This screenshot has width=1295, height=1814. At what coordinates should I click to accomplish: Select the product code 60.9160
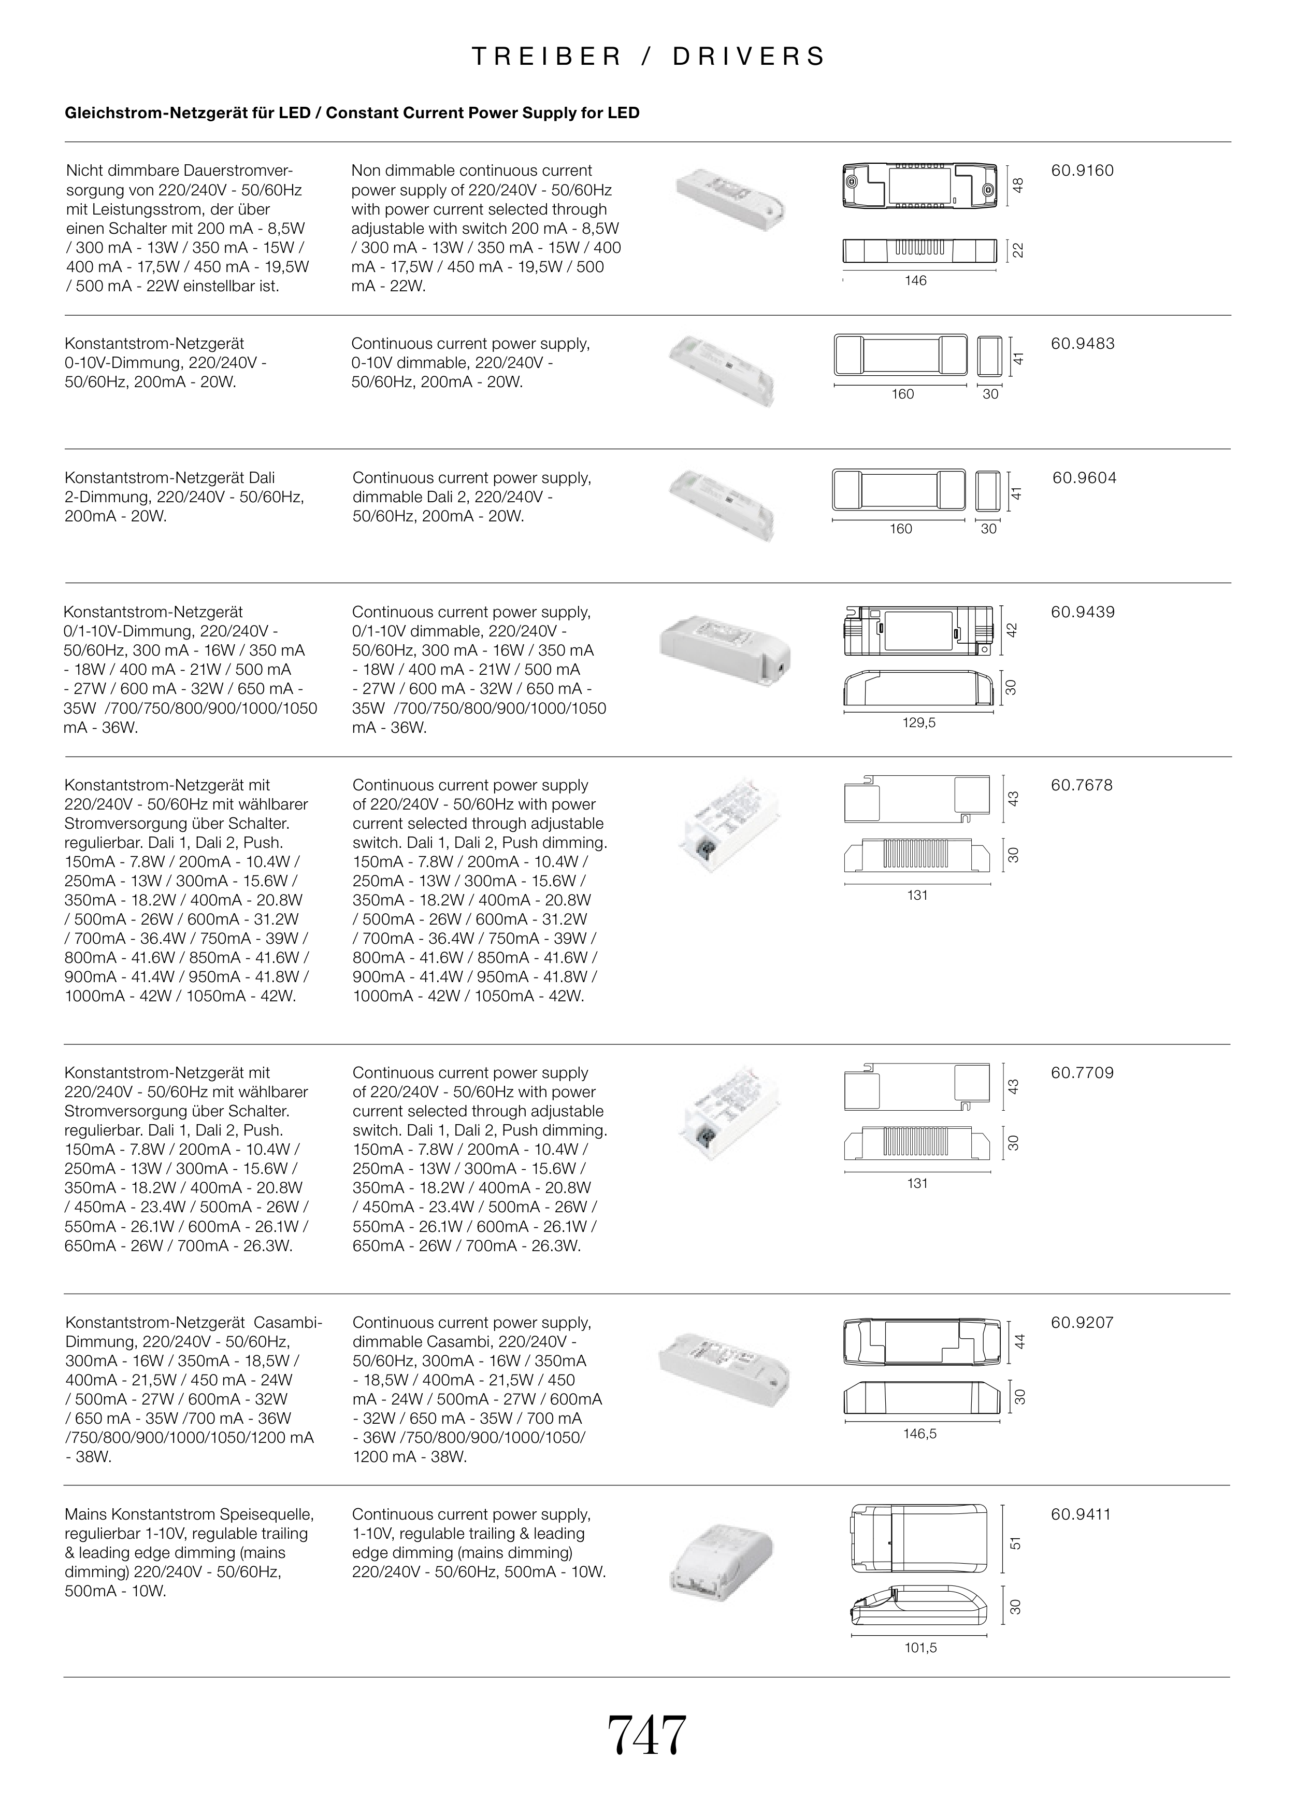[1082, 171]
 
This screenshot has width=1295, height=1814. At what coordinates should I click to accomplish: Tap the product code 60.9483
[1082, 344]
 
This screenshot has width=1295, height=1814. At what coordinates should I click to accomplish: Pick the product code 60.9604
[1084, 478]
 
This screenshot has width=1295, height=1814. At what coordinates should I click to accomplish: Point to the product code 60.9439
[1082, 612]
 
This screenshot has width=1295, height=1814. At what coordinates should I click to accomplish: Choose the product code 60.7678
[1082, 785]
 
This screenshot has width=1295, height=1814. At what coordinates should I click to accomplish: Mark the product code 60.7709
[1082, 1073]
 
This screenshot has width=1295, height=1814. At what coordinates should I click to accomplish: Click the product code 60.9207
[1082, 1322]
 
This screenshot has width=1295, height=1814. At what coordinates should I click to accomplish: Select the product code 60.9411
[1081, 1514]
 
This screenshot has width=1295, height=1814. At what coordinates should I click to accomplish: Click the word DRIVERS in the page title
[750, 56]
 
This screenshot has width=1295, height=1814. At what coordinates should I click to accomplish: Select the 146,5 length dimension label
[919, 1434]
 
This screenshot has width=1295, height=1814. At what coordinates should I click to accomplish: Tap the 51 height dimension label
[1015, 1543]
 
